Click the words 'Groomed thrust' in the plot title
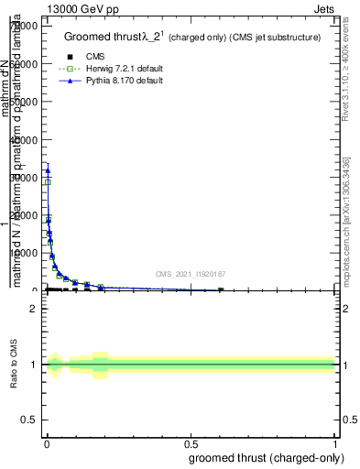100,38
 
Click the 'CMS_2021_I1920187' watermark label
190,273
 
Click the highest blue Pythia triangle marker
48,170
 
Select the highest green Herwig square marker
48,181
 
